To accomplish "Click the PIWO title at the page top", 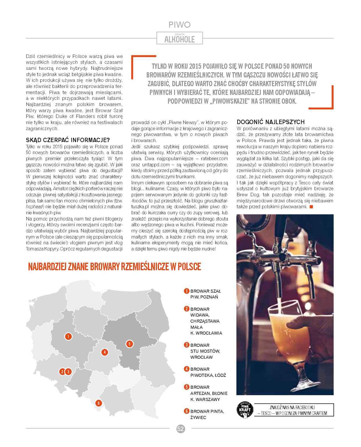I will (179, 24).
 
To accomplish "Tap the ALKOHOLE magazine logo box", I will (179, 38).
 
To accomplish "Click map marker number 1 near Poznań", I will (68, 337).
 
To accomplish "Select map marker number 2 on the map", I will (62, 372).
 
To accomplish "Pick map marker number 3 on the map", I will (68, 372).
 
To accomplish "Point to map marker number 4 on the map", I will (104, 352).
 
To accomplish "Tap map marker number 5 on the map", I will (129, 344).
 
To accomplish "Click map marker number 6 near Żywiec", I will (99, 403).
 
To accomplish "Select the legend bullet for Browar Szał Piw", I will (186, 291).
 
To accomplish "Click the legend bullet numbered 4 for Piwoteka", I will (186, 369).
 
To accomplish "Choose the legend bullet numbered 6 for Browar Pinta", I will (186, 411).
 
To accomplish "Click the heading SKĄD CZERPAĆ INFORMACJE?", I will (68, 139).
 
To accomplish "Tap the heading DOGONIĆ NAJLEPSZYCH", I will (271, 122).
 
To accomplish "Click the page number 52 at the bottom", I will (180, 429).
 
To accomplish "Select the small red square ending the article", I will (311, 207).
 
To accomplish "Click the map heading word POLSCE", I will (189, 266).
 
